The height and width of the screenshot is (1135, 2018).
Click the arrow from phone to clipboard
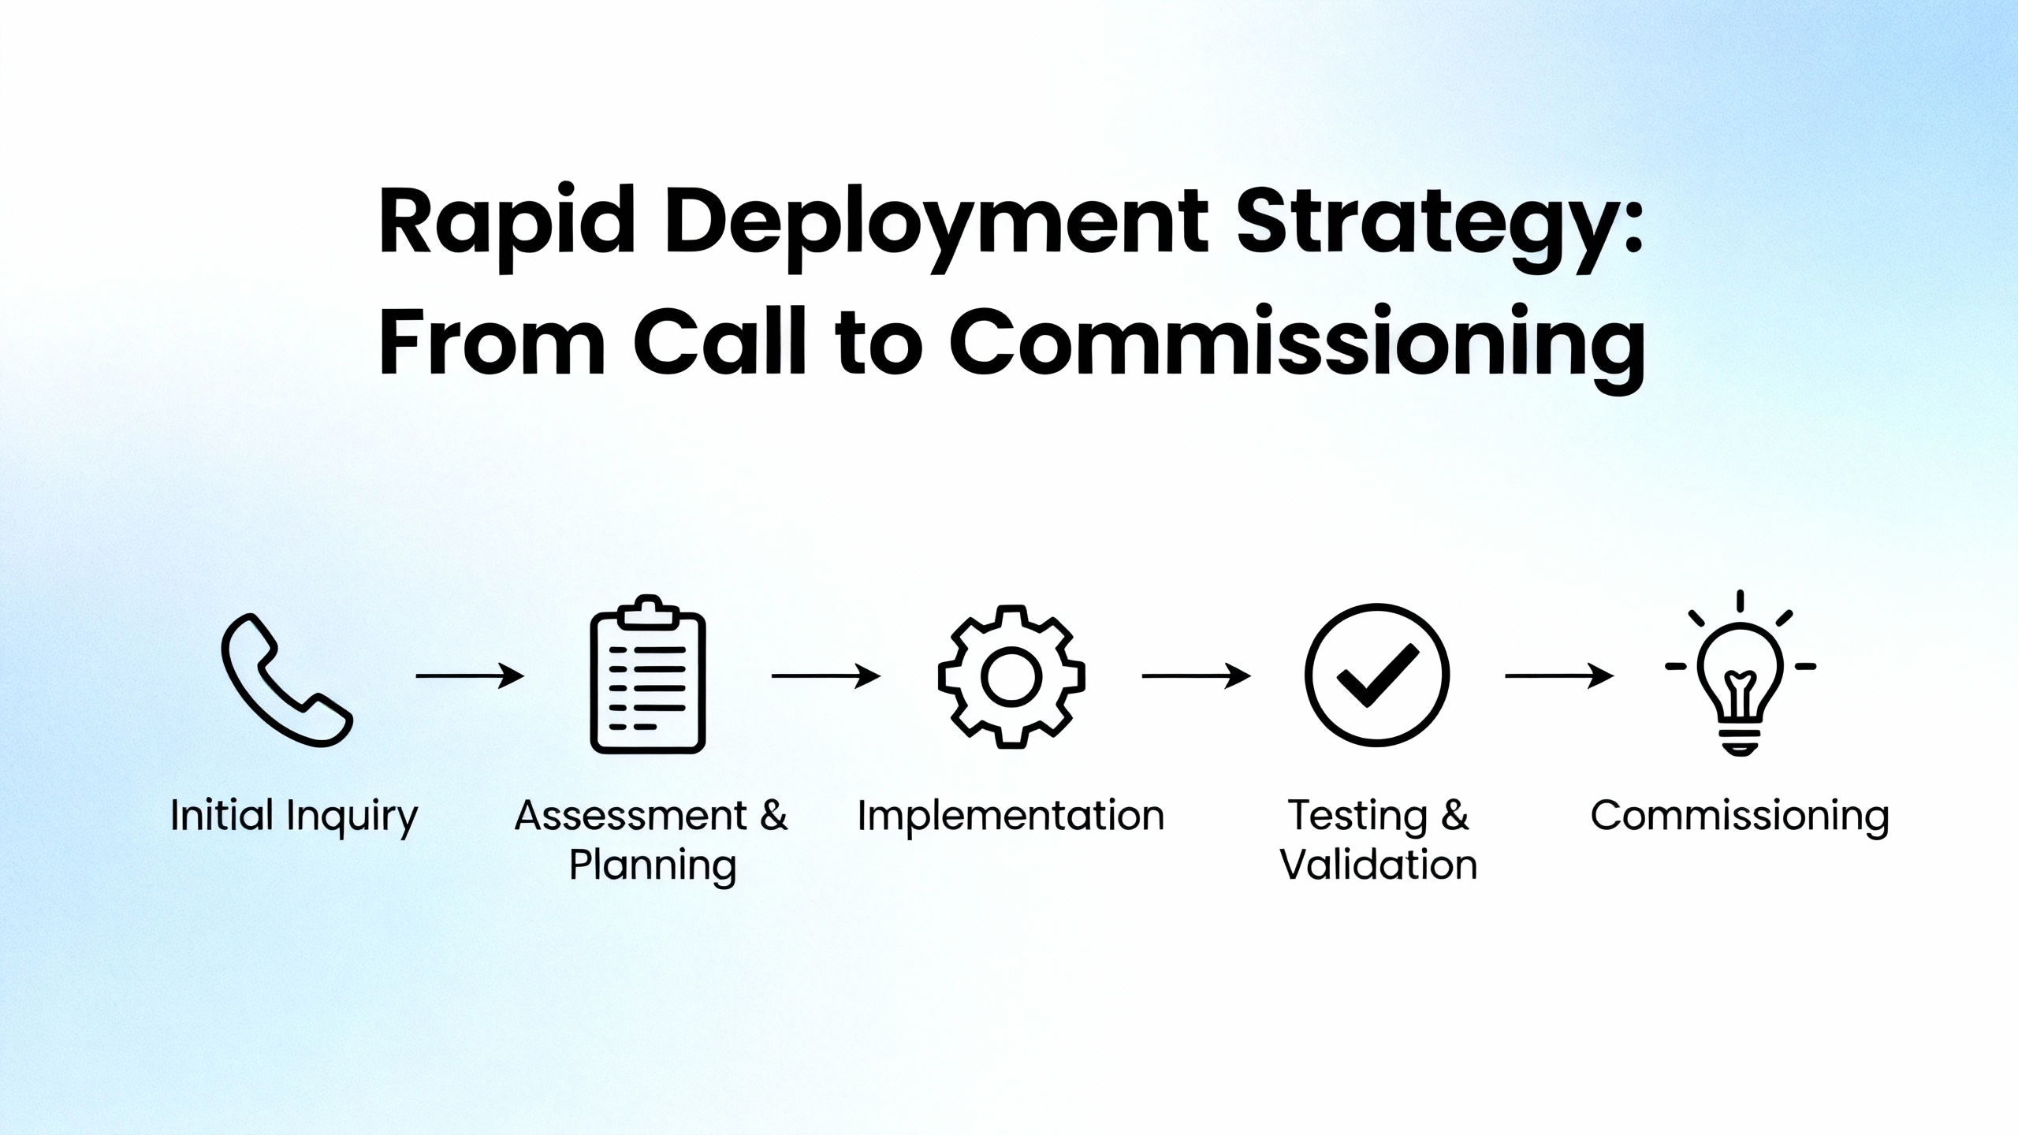pos(470,675)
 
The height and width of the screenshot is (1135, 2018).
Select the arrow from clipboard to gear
pos(826,675)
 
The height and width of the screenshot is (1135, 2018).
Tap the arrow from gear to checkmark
pos(1196,675)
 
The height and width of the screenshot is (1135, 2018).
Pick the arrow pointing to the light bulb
pos(1559,675)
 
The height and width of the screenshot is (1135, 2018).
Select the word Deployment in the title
pos(936,224)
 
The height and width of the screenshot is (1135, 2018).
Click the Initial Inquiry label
pos(294,817)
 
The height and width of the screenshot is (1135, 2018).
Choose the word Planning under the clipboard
pos(653,867)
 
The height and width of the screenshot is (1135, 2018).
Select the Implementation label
pos(1011,817)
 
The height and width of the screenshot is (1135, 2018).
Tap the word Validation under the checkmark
pos(1378,865)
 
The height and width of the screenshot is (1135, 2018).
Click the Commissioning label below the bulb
pos(1740,817)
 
